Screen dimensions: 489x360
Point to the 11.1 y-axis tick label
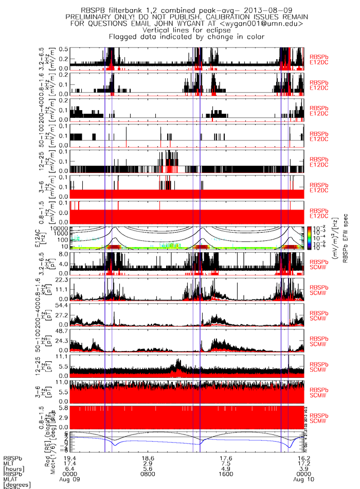pos(63,356)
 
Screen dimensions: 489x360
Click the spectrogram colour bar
pos(319,238)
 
